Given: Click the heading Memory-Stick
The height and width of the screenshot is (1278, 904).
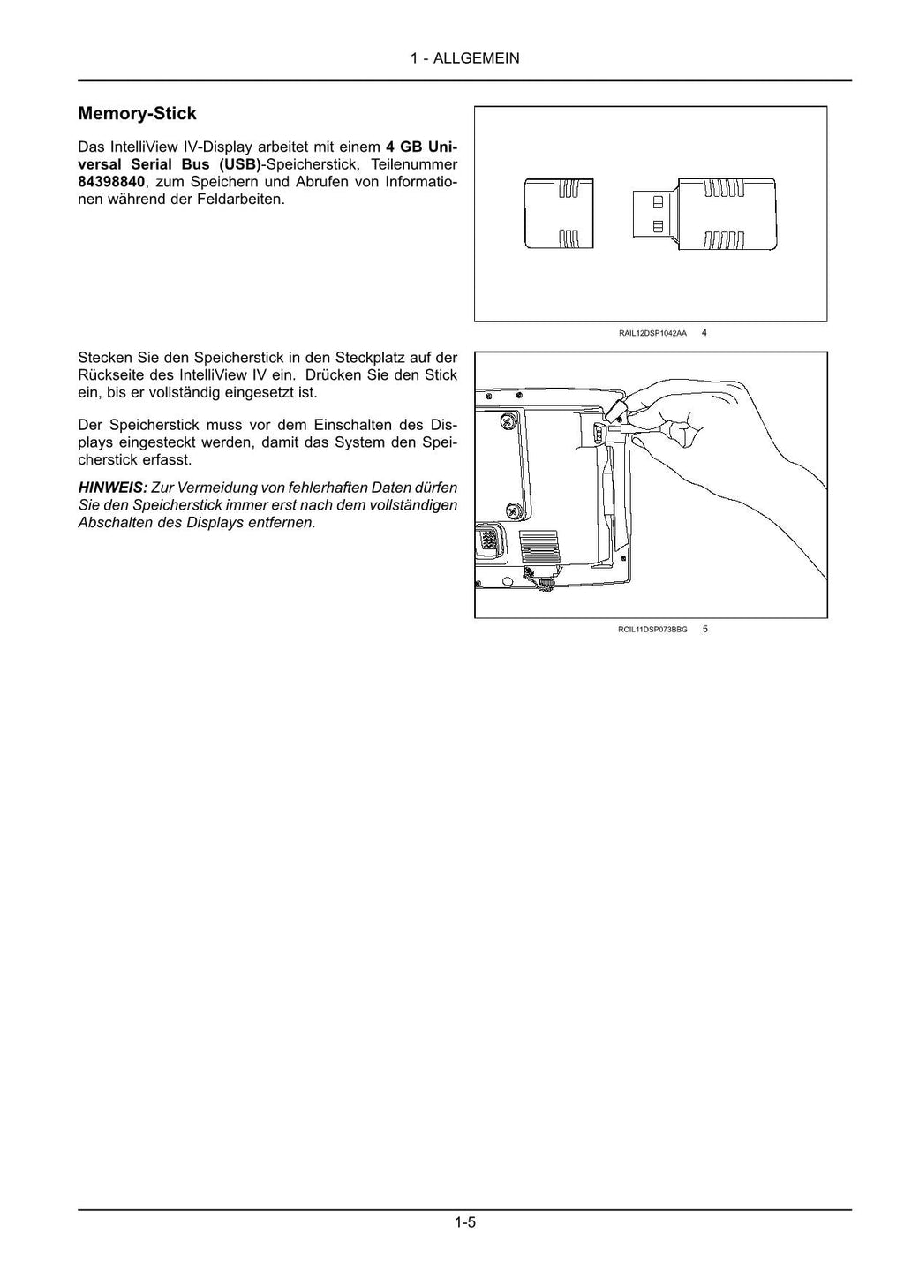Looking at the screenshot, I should [137, 114].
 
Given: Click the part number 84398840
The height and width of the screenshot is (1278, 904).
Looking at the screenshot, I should [110, 182].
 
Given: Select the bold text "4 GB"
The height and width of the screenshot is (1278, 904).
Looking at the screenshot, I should [403, 147].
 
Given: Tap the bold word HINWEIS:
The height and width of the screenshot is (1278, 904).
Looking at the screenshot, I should [112, 488].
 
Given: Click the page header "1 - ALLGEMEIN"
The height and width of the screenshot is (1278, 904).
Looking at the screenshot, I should [464, 58].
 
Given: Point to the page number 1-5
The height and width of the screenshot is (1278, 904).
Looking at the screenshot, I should [465, 1223].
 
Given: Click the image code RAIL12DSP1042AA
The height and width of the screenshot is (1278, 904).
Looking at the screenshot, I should [652, 334].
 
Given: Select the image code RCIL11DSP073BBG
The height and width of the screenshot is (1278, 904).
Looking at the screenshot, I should [652, 630].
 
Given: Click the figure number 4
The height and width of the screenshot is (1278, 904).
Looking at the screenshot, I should [704, 333].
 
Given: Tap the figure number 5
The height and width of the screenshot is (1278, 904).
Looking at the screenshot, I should [704, 629].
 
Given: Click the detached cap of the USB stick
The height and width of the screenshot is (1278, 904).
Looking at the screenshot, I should [559, 214].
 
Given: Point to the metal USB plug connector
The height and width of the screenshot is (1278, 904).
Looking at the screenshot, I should [654, 214].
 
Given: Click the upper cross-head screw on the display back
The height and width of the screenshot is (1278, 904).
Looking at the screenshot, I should [510, 420].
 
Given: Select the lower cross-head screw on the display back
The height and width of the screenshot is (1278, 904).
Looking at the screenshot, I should [514, 510].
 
